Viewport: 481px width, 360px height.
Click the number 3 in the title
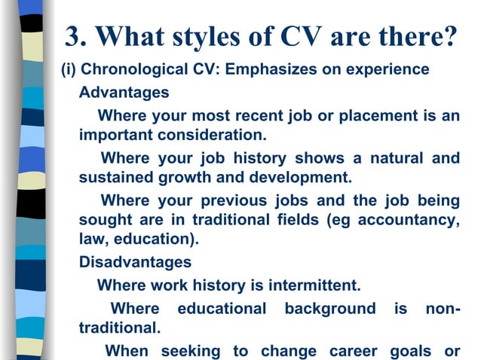[x=74, y=35]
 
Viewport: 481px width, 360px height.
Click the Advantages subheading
[x=124, y=94]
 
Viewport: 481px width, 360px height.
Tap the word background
[x=329, y=309]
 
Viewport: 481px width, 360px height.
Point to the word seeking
[x=188, y=350]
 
